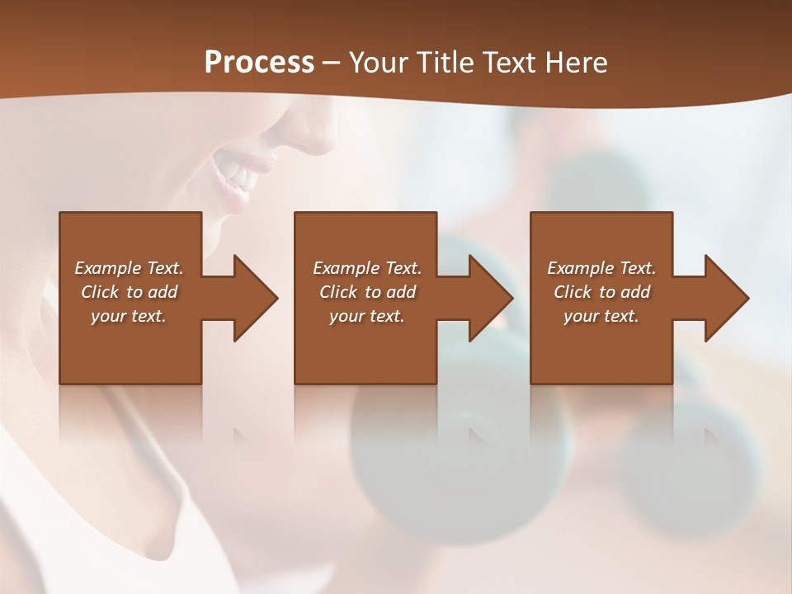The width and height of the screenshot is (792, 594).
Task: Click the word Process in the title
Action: (259, 63)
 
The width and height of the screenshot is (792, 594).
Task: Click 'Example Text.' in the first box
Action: (129, 268)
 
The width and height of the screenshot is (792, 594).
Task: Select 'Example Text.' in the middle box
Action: (367, 268)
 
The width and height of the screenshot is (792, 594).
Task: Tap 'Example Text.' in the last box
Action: (601, 268)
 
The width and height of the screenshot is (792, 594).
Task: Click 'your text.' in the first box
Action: (129, 316)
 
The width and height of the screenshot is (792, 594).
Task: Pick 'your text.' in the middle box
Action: (367, 316)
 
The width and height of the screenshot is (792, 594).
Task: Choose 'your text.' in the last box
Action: (601, 316)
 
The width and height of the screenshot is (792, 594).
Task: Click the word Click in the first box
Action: (100, 292)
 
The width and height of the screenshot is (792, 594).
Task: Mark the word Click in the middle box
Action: (338, 292)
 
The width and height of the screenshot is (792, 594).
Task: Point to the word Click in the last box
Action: (573, 292)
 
